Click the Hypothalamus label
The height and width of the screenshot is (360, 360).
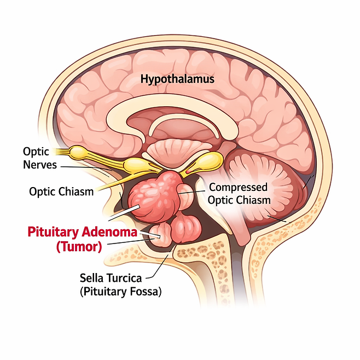(177, 79)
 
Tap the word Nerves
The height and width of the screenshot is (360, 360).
(39, 164)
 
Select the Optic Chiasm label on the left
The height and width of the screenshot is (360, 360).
(60, 191)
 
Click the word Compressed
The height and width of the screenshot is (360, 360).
(240, 187)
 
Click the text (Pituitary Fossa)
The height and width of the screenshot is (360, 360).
(120, 292)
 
